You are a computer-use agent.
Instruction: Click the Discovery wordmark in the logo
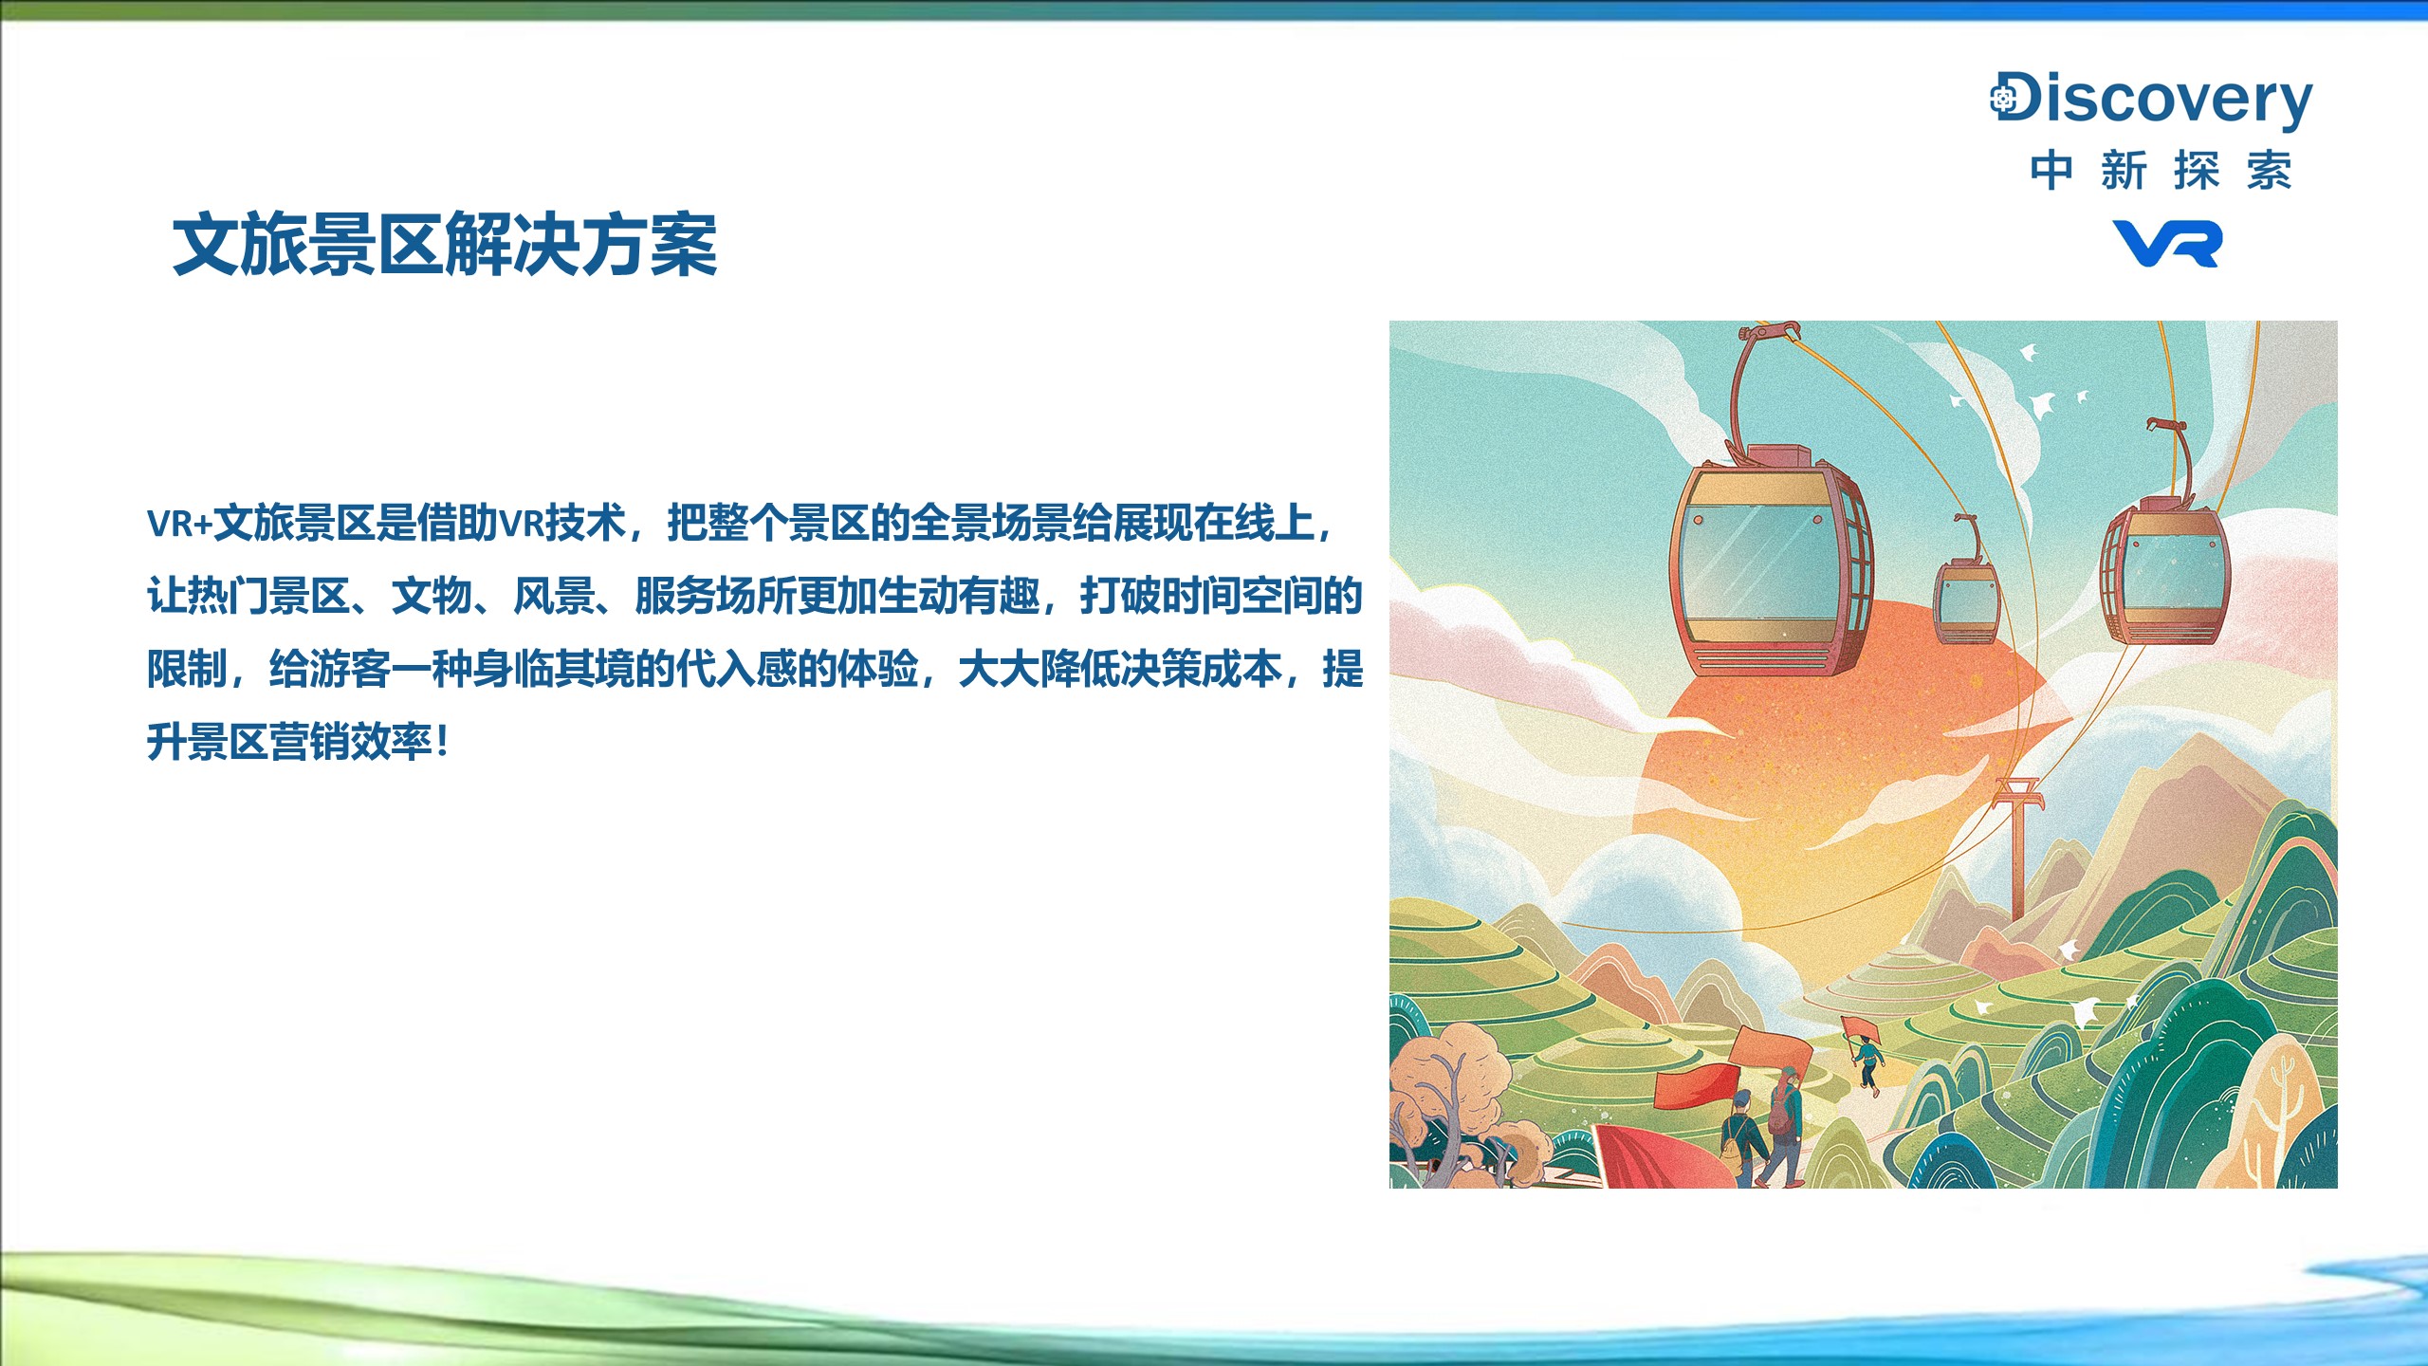click(2151, 100)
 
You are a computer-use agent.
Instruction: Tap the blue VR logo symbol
click(2167, 244)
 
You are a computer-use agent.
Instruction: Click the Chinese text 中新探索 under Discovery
click(2161, 171)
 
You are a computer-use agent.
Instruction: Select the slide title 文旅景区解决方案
click(444, 245)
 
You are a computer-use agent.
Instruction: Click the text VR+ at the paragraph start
click(179, 524)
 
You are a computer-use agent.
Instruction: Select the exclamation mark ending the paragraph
click(442, 742)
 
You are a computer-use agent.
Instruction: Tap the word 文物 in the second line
click(432, 596)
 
